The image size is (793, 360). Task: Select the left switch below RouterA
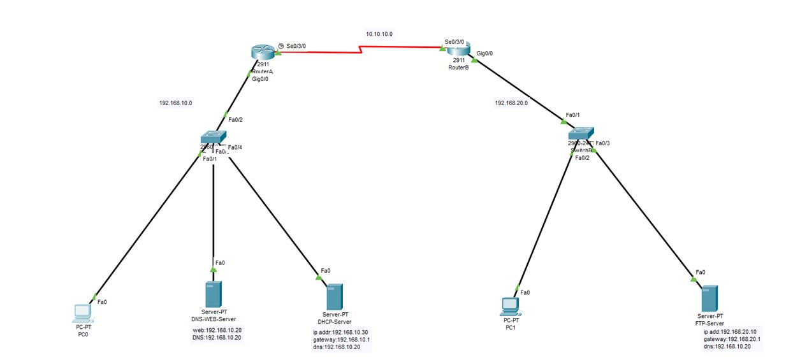click(212, 137)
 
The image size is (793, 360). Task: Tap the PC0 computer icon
click(82, 312)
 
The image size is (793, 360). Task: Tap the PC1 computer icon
click(510, 306)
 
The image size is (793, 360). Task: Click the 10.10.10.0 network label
click(379, 34)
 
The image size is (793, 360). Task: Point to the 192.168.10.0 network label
click(175, 103)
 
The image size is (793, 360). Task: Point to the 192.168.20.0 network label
click(511, 102)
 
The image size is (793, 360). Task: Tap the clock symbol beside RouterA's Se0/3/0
click(281, 46)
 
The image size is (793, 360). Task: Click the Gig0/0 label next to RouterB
click(486, 54)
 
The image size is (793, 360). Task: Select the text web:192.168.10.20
click(217, 330)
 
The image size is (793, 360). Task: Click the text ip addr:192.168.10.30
click(340, 332)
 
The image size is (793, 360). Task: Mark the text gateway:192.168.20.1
click(732, 339)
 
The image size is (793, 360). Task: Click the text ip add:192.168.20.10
click(729, 332)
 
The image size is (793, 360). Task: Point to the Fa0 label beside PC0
click(102, 301)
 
